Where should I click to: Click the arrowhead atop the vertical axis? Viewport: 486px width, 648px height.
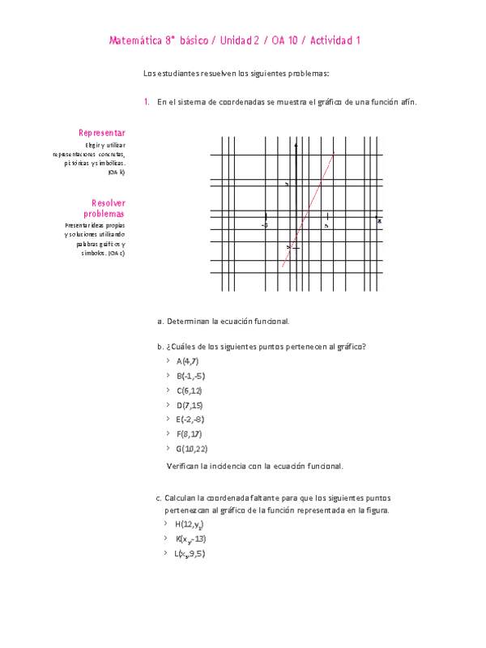[x=296, y=145]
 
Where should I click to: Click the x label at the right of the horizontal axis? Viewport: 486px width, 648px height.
[x=379, y=220]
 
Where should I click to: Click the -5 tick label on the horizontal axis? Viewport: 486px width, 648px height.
[x=265, y=225]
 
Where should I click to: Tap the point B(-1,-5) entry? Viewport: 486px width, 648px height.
[x=190, y=376]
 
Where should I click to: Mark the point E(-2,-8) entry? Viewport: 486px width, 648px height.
[x=190, y=419]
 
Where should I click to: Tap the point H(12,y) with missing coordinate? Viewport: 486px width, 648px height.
[x=187, y=525]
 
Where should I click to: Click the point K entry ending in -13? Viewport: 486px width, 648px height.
[x=190, y=539]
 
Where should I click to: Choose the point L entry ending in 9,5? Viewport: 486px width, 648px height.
[x=189, y=554]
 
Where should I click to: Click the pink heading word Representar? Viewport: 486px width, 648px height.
[x=101, y=132]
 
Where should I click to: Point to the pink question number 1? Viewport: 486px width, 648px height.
[x=146, y=102]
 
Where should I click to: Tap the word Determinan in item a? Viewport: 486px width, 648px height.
[x=187, y=322]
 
